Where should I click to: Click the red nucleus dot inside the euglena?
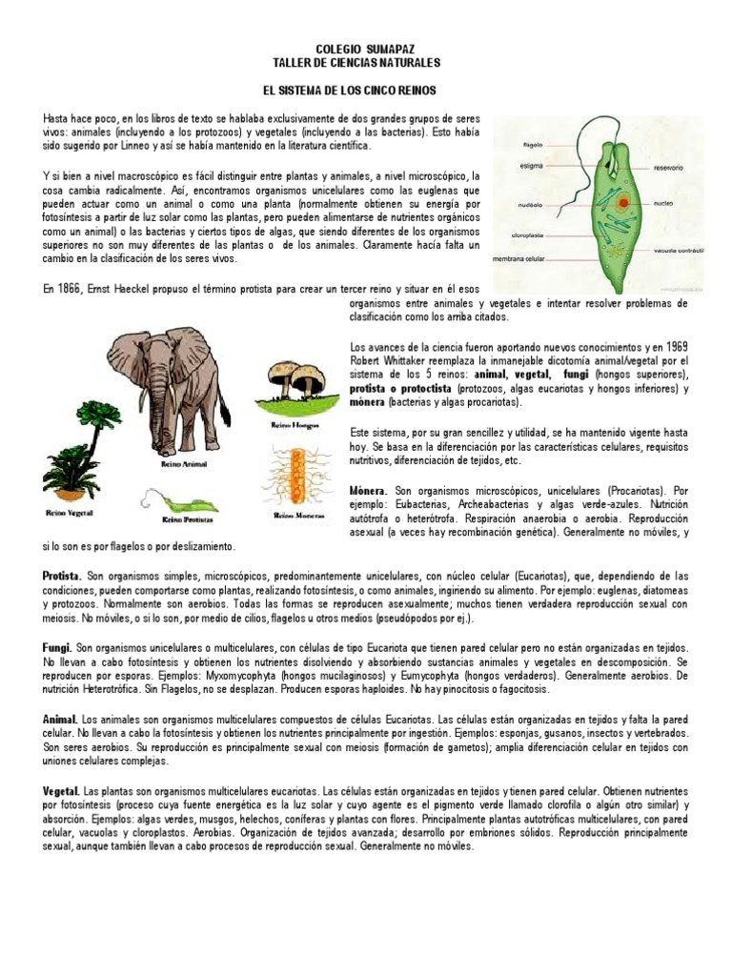622,203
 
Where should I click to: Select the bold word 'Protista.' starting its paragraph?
62,578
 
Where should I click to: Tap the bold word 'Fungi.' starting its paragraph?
57,646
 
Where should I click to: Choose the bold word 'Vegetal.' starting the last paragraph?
62,792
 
